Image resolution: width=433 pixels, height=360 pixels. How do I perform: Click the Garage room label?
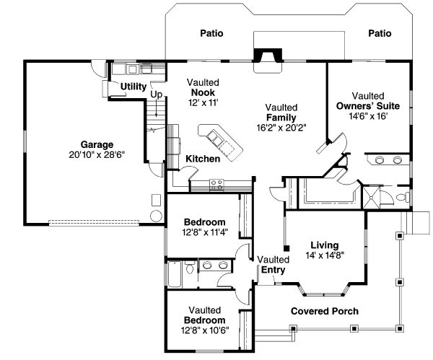tap(97, 144)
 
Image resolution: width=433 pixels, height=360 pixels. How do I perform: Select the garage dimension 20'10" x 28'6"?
tap(97, 154)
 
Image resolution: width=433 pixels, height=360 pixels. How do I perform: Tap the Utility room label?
tap(134, 87)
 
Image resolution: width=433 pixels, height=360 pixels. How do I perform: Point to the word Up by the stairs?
tap(156, 94)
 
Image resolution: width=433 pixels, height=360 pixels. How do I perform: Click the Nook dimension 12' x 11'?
tap(203, 103)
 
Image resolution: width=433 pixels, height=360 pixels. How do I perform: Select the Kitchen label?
tap(203, 159)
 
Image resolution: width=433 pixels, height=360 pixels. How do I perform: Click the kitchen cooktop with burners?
tap(216, 184)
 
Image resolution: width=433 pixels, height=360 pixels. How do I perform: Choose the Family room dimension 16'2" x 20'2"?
tap(282, 128)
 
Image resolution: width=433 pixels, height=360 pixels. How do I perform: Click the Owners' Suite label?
tap(368, 105)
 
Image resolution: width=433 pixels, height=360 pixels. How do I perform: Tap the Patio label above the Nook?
tap(211, 33)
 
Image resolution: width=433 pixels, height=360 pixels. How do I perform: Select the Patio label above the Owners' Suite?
tap(380, 33)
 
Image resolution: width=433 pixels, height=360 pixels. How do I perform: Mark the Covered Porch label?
tap(324, 311)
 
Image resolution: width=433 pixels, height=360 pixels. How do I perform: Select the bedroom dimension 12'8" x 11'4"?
tap(204, 232)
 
